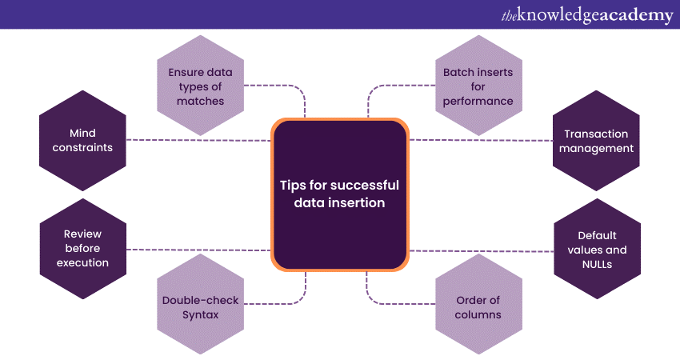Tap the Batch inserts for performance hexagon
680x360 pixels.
pyautogui.click(x=478, y=86)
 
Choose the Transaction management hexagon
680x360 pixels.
pyautogui.click(x=597, y=141)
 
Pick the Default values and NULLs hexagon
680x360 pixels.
pyautogui.click(x=597, y=249)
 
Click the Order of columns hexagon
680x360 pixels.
pyautogui.click(x=478, y=307)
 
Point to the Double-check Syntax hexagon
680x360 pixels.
pyautogui.click(x=201, y=307)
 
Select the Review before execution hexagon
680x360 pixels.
pyautogui.click(x=83, y=248)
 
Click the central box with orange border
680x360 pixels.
pyautogui.click(x=340, y=194)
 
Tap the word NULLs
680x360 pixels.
pyautogui.click(x=597, y=263)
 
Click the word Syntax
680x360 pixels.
pyautogui.click(x=201, y=314)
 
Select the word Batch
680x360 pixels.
pyautogui.click(x=459, y=72)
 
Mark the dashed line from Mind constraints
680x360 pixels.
pyautogui.click(x=200, y=140)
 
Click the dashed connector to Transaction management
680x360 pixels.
pyautogui.click(x=480, y=140)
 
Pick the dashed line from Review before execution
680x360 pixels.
pyautogui.click(x=200, y=250)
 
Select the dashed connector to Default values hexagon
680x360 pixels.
pyautogui.click(x=480, y=250)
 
